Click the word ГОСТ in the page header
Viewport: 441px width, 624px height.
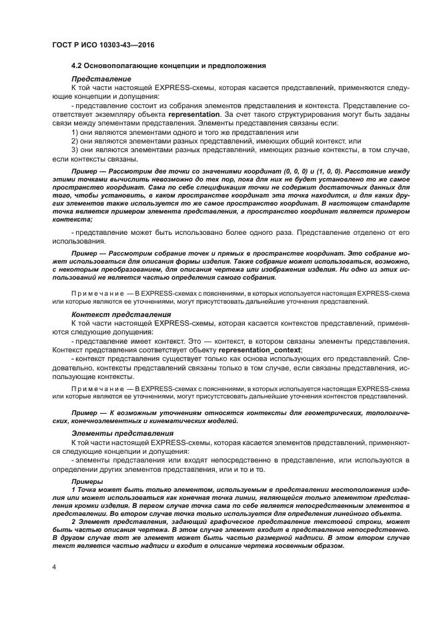point(63,43)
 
